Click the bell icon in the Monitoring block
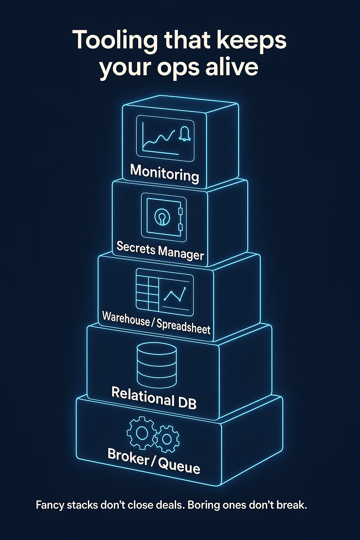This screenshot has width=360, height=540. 184,134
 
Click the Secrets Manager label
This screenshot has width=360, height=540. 160,251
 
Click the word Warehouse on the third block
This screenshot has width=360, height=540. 126,319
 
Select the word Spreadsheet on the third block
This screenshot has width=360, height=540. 183,326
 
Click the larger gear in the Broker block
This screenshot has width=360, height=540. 141,433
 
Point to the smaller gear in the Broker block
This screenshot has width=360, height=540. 167,439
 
